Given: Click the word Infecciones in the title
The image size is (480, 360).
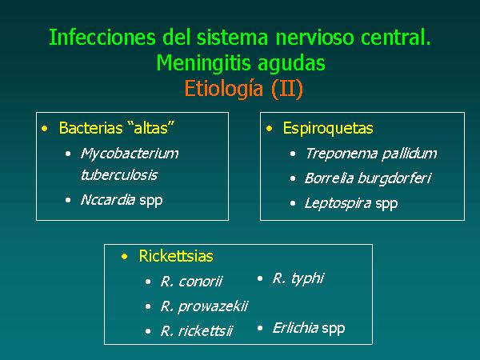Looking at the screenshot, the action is [x=102, y=37].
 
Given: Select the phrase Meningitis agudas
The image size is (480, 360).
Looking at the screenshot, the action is [x=241, y=64].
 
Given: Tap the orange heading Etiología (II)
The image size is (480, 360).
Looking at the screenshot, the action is [x=244, y=89].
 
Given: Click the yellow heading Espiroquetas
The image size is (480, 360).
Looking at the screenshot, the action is [x=328, y=128].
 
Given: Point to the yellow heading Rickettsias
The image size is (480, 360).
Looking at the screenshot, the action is [x=176, y=256].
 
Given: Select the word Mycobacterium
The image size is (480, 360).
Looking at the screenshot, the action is [x=130, y=154].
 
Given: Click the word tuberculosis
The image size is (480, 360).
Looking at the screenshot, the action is [x=119, y=175].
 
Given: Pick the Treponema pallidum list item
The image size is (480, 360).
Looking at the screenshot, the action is [x=371, y=154].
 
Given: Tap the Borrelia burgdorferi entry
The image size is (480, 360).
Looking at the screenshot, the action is [x=368, y=178].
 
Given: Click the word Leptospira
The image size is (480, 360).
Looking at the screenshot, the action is [x=338, y=203].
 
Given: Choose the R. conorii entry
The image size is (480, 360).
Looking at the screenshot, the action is [x=191, y=282].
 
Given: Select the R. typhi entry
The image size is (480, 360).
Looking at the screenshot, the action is [x=298, y=278].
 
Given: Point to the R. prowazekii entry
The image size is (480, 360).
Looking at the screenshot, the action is [x=204, y=306].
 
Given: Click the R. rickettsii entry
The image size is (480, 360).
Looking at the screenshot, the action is [x=196, y=331].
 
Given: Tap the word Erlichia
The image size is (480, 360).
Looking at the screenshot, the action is [x=295, y=328].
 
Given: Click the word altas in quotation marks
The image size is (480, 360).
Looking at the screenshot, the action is [x=151, y=128].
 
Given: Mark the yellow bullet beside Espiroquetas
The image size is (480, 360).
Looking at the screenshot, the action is [x=269, y=129].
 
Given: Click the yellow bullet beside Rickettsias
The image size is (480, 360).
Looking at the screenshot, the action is [x=124, y=257].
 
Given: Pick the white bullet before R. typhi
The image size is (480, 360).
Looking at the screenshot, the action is [x=260, y=278].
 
